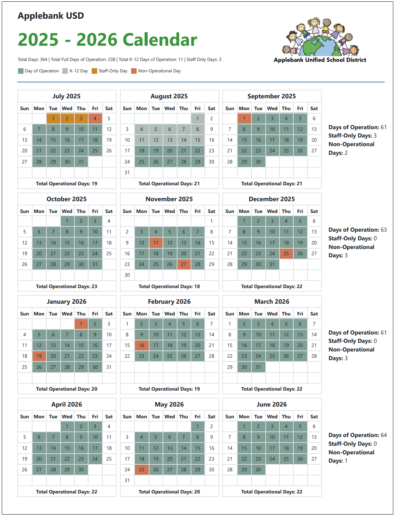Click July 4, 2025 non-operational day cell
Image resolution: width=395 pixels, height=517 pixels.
click(95, 118)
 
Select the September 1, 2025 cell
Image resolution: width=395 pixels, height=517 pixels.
click(244, 118)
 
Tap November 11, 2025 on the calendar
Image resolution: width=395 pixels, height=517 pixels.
click(156, 243)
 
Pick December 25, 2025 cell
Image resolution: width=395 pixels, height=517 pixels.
click(286, 253)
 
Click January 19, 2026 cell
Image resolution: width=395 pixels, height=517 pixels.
click(39, 356)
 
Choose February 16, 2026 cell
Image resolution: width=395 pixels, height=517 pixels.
click(141, 345)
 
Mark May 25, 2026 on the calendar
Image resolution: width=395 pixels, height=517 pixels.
click(141, 470)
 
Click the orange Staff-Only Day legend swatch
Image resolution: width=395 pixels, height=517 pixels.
click(94, 71)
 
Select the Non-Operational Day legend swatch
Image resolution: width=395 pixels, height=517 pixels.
click(134, 71)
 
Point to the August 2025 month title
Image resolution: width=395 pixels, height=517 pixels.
click(169, 96)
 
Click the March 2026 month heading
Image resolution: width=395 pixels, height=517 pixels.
click(272, 302)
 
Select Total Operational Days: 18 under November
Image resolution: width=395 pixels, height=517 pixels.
click(169, 286)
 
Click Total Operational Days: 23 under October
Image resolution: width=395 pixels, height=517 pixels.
click(66, 286)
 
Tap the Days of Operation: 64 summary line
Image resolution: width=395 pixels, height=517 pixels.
click(357, 435)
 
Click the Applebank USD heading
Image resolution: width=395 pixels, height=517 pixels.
click(51, 16)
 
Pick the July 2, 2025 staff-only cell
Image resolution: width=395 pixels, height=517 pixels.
click(67, 118)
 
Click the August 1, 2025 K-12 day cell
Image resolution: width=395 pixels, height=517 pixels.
click(197, 118)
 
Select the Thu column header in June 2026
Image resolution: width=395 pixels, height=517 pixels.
click(286, 417)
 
